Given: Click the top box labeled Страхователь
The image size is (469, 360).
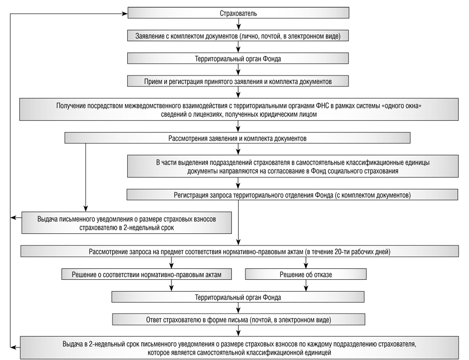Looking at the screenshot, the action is pos(238,13).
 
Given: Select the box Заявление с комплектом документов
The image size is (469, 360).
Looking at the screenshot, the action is pos(238,35).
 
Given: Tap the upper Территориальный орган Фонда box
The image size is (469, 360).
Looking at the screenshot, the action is pos(238,58).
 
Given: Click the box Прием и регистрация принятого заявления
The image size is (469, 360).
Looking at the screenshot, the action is pos(238,81).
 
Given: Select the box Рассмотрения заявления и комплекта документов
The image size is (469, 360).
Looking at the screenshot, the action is pos(238,138).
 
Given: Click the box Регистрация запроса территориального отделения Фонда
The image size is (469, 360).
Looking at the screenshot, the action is pos(292,195).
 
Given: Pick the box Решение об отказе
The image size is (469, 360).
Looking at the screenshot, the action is pos(306,274).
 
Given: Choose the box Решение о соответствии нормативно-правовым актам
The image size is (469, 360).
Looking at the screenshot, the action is pos(146,274).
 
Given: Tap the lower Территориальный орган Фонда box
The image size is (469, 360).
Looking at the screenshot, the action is pos(238,297).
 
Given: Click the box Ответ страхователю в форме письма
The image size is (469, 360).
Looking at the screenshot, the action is pos(238,319).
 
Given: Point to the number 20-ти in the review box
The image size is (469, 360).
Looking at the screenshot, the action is pos(341,252).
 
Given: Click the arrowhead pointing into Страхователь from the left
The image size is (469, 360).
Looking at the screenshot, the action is pos(125,14).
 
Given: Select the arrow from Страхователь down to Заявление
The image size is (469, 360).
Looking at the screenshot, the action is pos(238,24).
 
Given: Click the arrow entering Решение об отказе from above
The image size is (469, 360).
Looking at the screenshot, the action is pos(306,263).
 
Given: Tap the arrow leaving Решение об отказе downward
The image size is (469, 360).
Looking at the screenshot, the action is pos(306,285).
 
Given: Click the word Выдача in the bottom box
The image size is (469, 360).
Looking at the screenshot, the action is pos(72,344).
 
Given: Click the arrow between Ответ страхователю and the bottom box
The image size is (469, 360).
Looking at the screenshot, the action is pos(238,331).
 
